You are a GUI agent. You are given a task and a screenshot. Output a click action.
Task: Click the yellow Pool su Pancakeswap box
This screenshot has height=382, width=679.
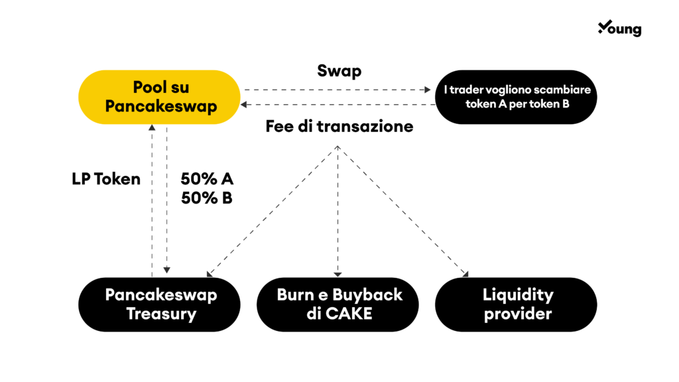[159, 97]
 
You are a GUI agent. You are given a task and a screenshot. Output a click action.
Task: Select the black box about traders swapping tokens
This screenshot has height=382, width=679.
[516, 97]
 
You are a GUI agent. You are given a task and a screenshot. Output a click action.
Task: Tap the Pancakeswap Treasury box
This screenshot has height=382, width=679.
[159, 304]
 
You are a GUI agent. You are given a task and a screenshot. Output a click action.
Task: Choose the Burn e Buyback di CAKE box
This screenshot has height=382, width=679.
[338, 304]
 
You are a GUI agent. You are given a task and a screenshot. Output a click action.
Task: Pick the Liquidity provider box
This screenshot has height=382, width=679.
[516, 304]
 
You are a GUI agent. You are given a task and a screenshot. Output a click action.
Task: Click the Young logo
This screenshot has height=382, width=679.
[620, 28]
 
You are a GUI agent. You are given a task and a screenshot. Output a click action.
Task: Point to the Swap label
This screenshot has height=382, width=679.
[339, 71]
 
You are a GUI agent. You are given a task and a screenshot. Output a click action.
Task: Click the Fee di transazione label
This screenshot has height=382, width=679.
[339, 127]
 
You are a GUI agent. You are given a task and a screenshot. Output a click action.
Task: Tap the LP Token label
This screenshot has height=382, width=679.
[106, 179]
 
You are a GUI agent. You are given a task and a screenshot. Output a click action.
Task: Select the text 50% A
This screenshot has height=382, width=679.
[207, 179]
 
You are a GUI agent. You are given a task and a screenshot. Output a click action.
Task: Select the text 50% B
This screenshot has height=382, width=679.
[207, 198]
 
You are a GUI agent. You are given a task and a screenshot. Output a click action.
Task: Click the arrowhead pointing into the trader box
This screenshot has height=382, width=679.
[428, 90]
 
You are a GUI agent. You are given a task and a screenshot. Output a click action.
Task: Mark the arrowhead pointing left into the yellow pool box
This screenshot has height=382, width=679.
[244, 104]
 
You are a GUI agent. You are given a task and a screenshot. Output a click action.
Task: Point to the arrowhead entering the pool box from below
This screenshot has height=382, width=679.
[152, 127]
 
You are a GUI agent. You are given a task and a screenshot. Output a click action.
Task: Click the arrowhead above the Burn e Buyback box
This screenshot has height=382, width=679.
[338, 275]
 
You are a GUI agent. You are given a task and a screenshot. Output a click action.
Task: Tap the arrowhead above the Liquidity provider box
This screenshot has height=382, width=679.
[466, 274]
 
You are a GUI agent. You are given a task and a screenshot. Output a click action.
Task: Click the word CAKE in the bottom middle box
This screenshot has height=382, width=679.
[349, 314]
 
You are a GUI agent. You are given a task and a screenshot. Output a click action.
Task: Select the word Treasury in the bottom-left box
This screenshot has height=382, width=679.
[161, 314]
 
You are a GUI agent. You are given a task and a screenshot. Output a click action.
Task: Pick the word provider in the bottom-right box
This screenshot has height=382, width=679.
[518, 314]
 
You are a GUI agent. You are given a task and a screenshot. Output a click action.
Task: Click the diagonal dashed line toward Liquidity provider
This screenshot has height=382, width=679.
[402, 212]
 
